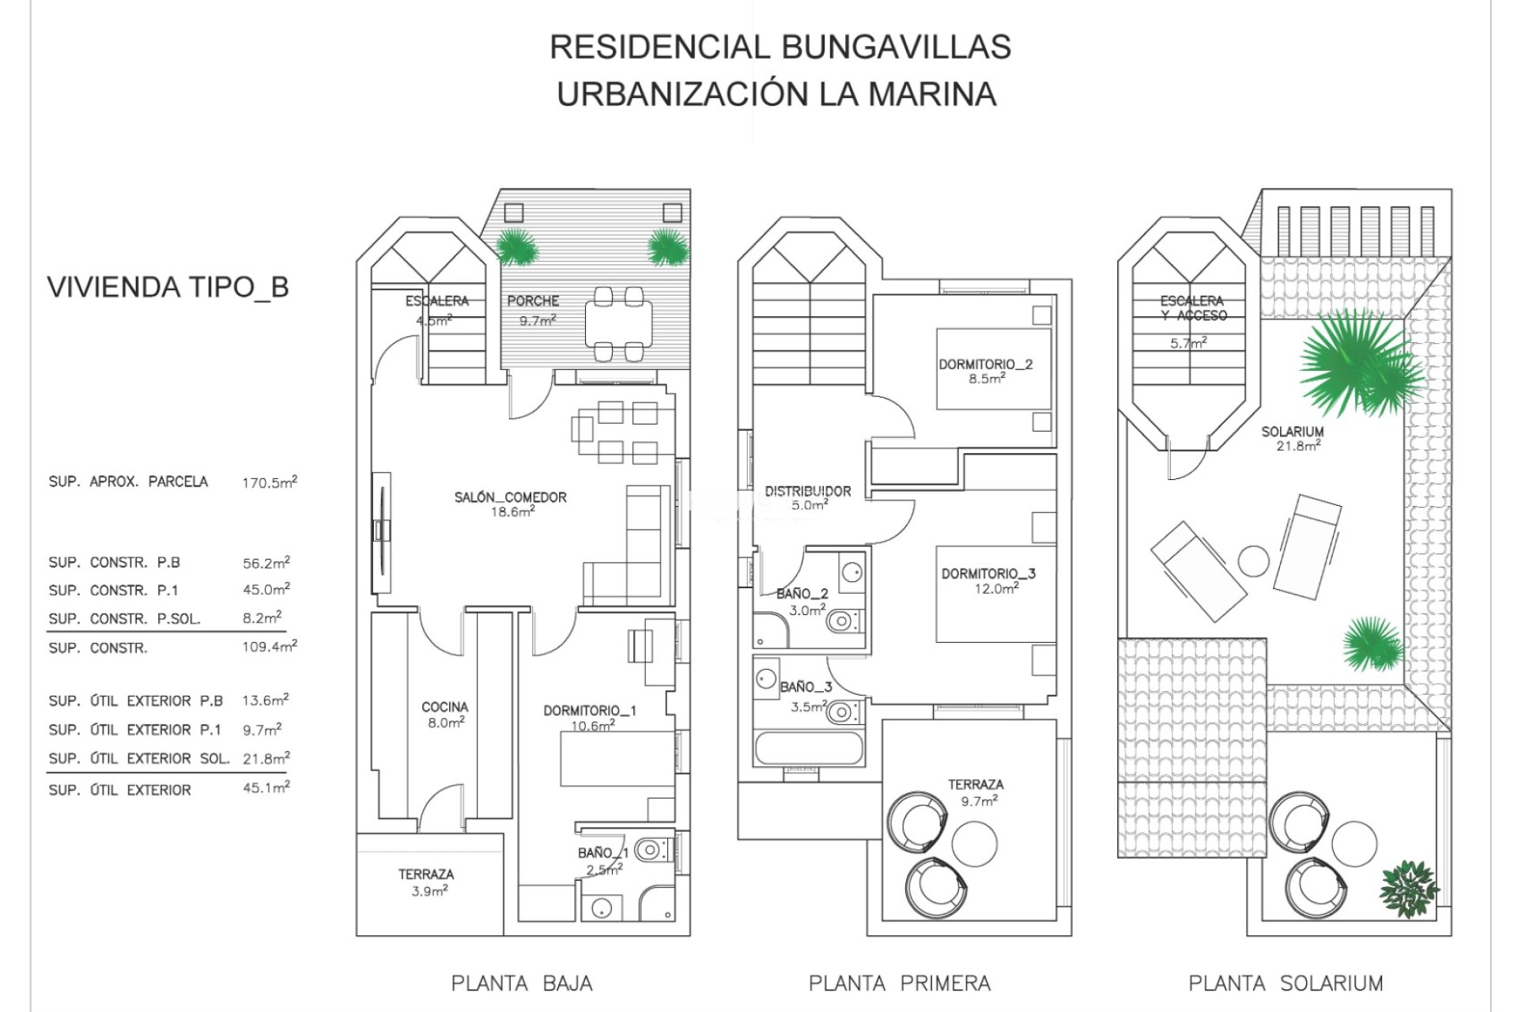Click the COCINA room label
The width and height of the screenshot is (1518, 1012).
[444, 707]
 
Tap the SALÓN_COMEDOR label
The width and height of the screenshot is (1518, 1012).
[510, 497]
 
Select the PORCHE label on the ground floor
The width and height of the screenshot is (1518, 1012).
[533, 301]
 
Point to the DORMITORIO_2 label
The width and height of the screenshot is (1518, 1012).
[985, 364]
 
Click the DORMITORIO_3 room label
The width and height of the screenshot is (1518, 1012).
[988, 574]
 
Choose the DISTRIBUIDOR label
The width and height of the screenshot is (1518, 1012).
[808, 491]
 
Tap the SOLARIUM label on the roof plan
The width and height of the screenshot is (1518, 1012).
[1292, 432]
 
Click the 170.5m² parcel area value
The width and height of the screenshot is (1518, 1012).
[270, 482]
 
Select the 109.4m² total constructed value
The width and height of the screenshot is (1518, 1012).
[270, 647]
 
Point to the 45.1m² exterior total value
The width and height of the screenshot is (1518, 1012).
[266, 788]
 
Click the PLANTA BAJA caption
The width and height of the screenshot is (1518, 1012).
[522, 984]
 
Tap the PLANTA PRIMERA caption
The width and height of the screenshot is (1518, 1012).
[899, 984]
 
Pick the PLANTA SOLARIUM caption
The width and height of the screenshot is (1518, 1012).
[1286, 984]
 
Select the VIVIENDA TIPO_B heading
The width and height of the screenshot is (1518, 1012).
[168, 287]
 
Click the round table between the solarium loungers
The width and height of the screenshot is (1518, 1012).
[1253, 561]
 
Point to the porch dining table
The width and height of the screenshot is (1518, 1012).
[619, 325]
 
